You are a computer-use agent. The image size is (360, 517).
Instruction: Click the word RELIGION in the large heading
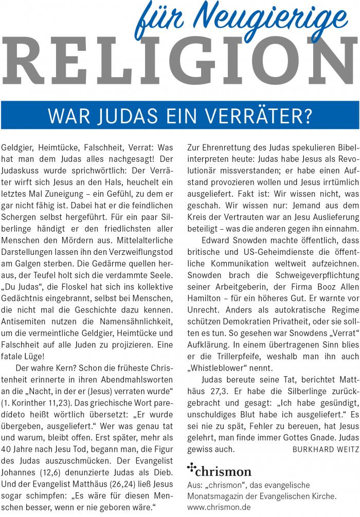[x=180, y=62]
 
